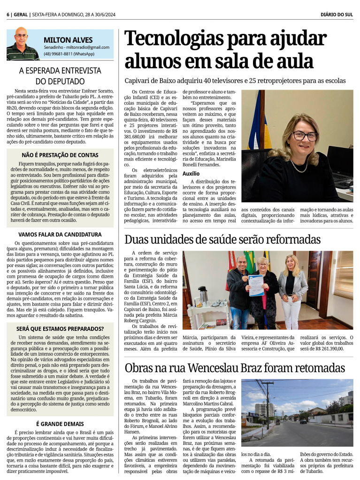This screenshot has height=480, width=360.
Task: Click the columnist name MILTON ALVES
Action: (x=68, y=40)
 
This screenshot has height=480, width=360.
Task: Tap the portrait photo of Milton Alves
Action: (x=22, y=44)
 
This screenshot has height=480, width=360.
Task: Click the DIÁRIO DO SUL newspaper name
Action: (x=337, y=15)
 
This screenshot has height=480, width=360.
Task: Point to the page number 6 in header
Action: (x=8, y=15)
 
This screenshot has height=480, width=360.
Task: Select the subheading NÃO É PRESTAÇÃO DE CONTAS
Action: (x=60, y=155)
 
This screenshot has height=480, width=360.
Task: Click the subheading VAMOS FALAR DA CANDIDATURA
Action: (x=60, y=234)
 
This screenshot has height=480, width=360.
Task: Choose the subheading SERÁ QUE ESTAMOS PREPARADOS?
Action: (x=60, y=328)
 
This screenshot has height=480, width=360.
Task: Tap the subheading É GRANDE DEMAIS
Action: (x=60, y=424)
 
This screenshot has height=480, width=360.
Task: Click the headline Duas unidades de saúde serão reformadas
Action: (x=222, y=240)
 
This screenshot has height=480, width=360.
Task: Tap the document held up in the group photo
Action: (x=256, y=285)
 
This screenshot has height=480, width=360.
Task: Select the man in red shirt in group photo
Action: (x=239, y=291)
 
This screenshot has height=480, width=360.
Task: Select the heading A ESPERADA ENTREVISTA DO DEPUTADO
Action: (x=60, y=76)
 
